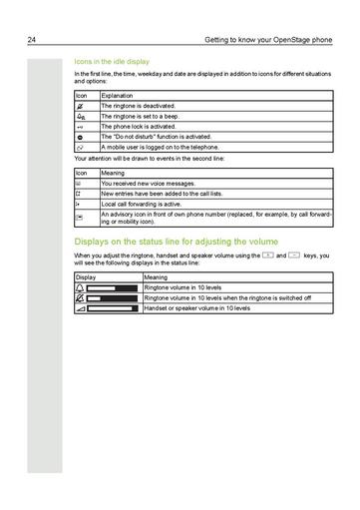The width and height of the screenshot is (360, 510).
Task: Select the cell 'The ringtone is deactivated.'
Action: pyautogui.click(x=138, y=105)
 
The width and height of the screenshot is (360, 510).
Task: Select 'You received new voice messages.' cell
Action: pyautogui.click(x=148, y=183)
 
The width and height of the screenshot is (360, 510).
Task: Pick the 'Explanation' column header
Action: pyautogui.click(x=118, y=94)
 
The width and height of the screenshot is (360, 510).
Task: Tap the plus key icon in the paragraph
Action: pyautogui.click(x=267, y=256)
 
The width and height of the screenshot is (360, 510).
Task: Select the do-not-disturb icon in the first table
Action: pyautogui.click(x=81, y=138)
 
